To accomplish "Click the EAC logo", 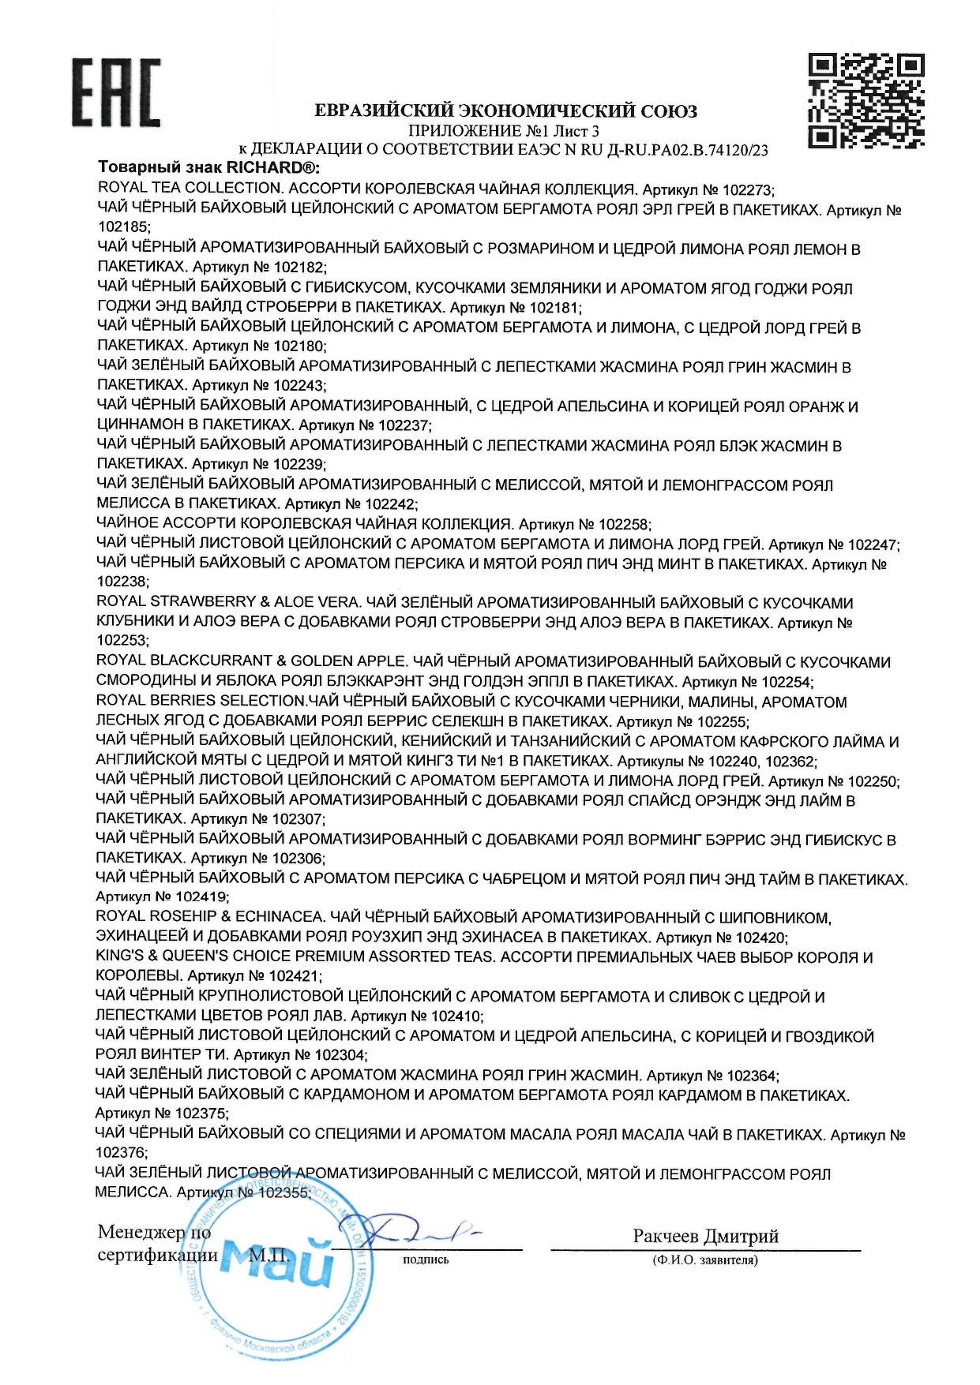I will pyautogui.click(x=116, y=92).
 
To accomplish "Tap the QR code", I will pyautogui.click(x=866, y=100).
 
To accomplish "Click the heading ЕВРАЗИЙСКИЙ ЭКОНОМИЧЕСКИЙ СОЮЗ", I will pyautogui.click(x=505, y=111).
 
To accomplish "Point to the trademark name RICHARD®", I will pyautogui.click(x=272, y=168).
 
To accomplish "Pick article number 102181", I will pyautogui.click(x=554, y=308).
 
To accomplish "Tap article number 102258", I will pyautogui.click(x=623, y=524).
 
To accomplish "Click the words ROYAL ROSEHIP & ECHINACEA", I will pyautogui.click(x=209, y=917).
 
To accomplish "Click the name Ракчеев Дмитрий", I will pyautogui.click(x=705, y=1236).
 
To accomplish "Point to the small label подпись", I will pyautogui.click(x=426, y=1260).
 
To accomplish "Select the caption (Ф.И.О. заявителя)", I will pyautogui.click(x=705, y=1260).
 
